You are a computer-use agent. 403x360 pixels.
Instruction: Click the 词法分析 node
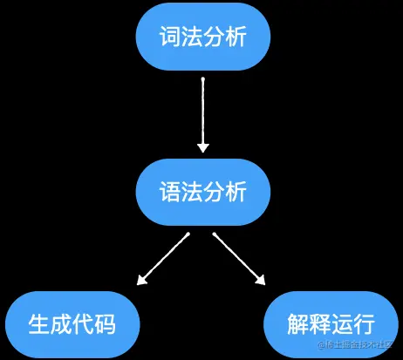202,37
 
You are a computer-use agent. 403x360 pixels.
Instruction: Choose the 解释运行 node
331,323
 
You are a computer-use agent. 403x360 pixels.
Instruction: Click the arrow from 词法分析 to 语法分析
202,114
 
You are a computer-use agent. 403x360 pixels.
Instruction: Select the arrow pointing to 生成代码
164,258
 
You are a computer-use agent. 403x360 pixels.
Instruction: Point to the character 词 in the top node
171,37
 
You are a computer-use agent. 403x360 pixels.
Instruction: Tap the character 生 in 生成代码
40,323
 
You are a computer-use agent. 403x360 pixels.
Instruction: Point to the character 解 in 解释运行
298,323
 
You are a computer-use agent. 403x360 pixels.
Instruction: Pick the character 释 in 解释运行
320,323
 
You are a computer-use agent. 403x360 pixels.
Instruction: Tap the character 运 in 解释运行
341,323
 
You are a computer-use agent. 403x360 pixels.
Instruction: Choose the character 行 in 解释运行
363,323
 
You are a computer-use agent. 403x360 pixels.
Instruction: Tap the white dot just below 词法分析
202,81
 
